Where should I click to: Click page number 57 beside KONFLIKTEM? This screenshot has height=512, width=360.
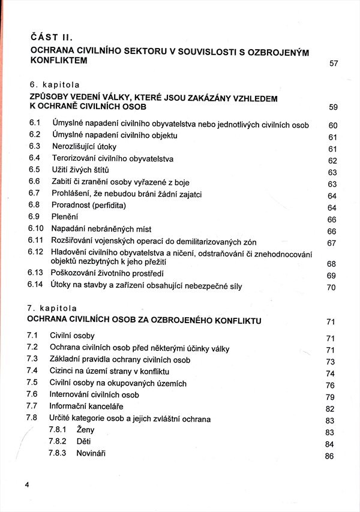(x=334, y=64)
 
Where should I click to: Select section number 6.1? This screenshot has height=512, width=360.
(x=34, y=124)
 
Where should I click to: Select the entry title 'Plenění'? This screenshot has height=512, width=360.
(x=65, y=217)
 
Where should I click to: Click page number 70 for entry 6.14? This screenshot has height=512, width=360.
(x=331, y=287)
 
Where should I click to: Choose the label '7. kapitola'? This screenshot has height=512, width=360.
(x=55, y=311)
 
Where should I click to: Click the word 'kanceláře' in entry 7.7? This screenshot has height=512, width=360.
(x=115, y=406)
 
